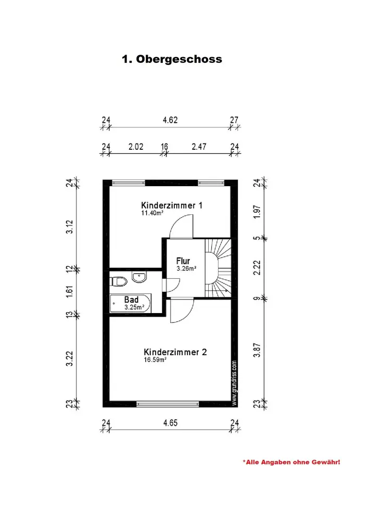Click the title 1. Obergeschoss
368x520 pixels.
(x=172, y=59)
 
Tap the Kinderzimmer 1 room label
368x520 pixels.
(x=172, y=205)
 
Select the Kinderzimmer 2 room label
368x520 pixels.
(x=175, y=352)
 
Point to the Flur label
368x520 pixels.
(x=183, y=261)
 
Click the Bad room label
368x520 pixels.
(x=131, y=300)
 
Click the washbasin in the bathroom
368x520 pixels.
(x=138, y=277)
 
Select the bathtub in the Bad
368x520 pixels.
(x=130, y=304)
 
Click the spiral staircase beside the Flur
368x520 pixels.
(x=219, y=268)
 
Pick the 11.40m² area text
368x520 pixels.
(x=153, y=213)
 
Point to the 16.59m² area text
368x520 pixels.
(x=155, y=359)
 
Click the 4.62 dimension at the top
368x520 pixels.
(x=170, y=120)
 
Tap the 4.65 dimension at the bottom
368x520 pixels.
(x=170, y=423)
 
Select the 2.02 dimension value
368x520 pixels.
(x=136, y=147)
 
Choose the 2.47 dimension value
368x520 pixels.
(x=199, y=147)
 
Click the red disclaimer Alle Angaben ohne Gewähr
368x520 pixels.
(x=291, y=462)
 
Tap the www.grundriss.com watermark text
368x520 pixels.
(x=234, y=383)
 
